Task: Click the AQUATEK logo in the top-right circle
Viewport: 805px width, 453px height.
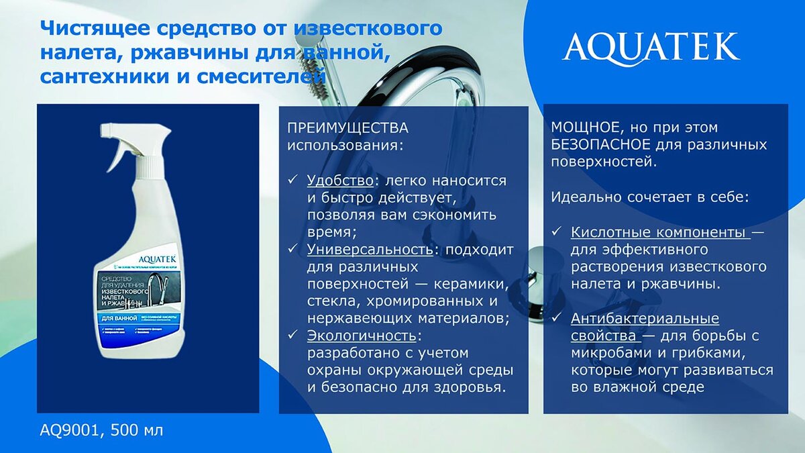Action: click(651, 47)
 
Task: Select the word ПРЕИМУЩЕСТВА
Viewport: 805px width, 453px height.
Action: click(347, 128)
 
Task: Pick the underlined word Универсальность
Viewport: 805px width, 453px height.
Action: click(369, 250)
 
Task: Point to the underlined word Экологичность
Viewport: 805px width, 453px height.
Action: click(362, 335)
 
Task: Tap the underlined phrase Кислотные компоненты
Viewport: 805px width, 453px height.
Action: click(660, 233)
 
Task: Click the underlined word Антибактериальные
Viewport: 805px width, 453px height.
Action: click(645, 319)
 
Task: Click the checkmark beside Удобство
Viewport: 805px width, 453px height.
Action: click(292, 181)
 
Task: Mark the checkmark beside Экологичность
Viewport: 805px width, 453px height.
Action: click(292, 335)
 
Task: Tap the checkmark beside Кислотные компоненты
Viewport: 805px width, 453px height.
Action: click(556, 233)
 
